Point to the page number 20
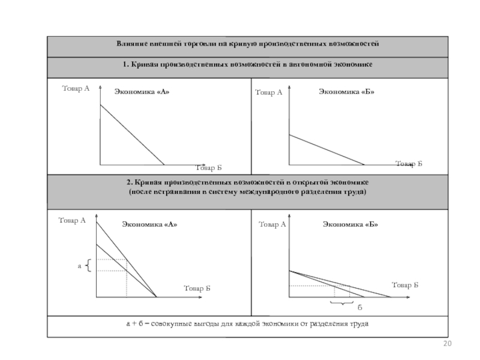tap(446, 343)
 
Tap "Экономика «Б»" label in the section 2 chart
tap(350, 224)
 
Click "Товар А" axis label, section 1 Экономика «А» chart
tap(75, 89)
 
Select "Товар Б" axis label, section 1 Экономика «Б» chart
tap(409, 163)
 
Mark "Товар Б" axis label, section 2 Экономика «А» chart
tap(197, 289)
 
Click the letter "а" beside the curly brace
tap(79, 265)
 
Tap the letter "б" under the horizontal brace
tap(360, 307)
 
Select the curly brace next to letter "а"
tap(88, 265)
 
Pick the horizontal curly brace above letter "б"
tap(343, 302)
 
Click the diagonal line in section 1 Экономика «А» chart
tap(132, 134)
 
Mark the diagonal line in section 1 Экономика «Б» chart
tap(327, 149)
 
